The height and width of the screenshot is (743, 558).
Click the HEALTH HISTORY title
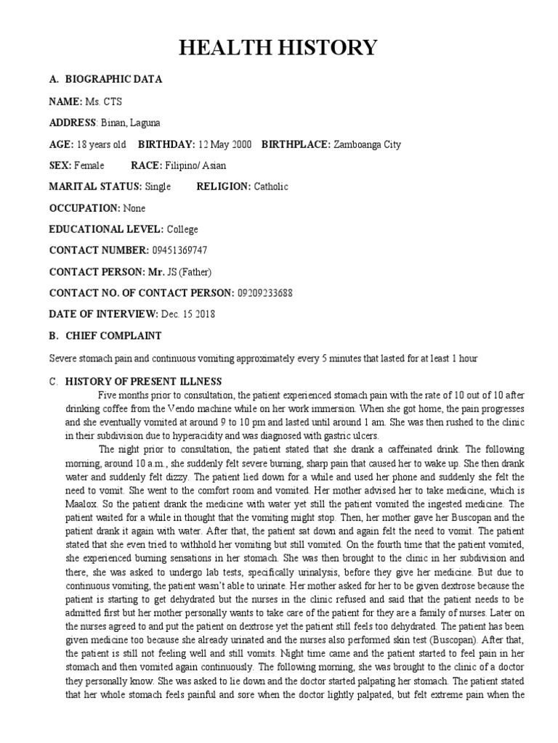pos(279,48)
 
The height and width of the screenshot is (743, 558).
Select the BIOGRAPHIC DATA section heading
pos(114,79)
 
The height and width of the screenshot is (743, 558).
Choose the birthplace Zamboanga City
pos(366,144)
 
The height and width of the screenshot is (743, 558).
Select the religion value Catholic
pos(270,186)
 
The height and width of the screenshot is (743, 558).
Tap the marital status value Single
pos(158,186)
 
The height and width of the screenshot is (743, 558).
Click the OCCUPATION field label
pos(84,208)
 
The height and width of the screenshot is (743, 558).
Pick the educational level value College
pos(182,229)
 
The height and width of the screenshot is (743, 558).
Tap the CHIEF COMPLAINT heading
pos(114,336)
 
